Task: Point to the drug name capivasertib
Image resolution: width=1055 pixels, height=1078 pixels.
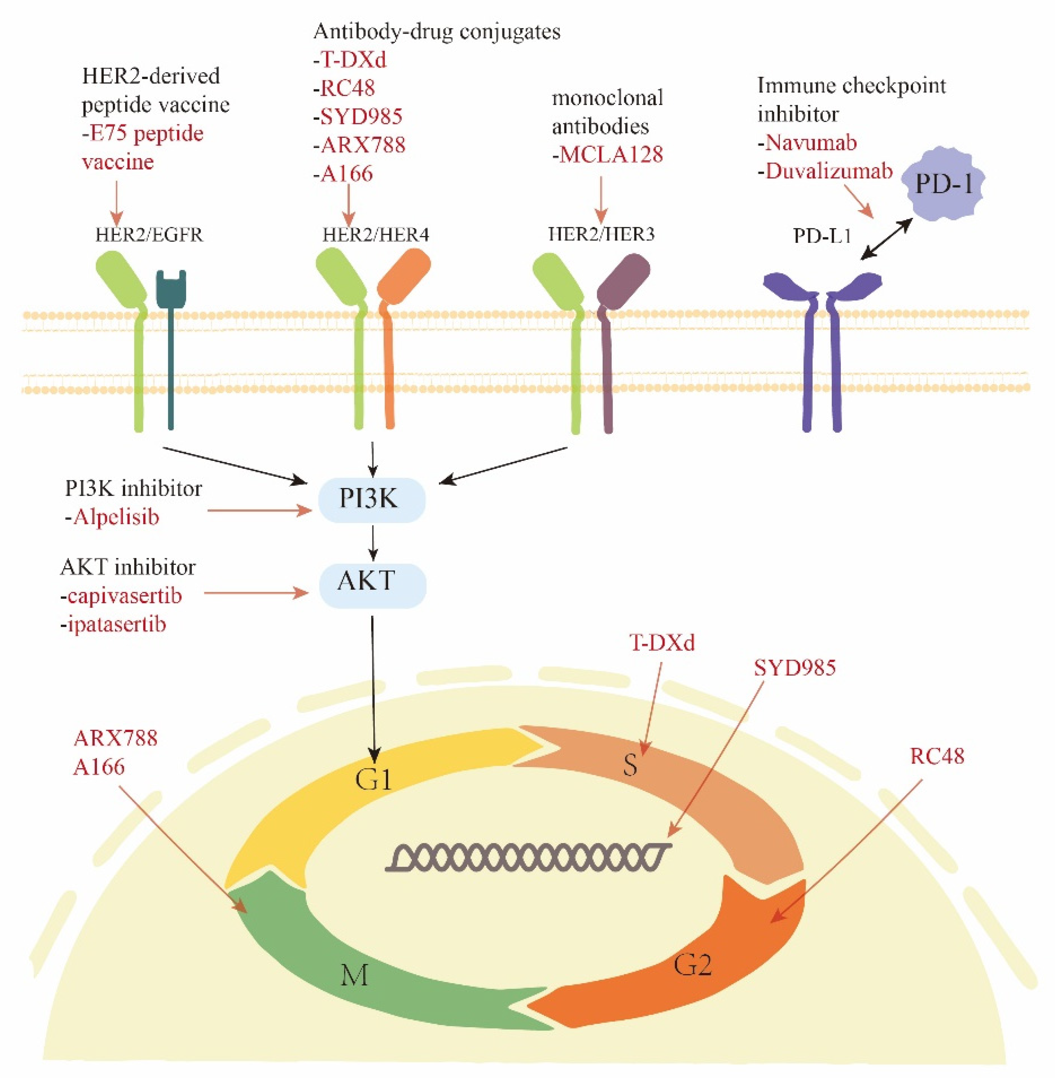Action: (x=125, y=596)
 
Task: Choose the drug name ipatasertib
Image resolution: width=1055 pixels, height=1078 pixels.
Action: (x=116, y=625)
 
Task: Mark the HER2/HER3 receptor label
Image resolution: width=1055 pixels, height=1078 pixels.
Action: (x=601, y=234)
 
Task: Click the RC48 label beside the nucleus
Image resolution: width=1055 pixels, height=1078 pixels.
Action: (x=937, y=756)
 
